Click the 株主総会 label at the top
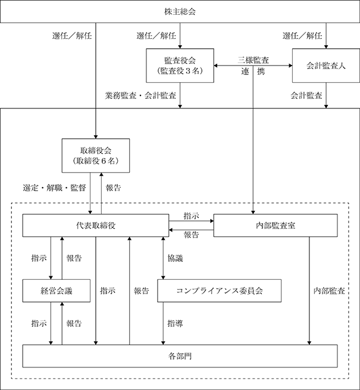(x=180, y=12)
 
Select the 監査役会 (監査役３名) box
(x=180, y=65)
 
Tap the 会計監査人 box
(x=326, y=65)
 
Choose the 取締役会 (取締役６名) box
(x=96, y=155)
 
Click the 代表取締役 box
(x=96, y=225)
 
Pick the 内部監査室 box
(x=276, y=225)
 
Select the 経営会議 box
(x=57, y=291)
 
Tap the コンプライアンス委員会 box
(x=220, y=291)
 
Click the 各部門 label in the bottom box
(x=180, y=356)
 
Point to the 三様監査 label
(x=253, y=60)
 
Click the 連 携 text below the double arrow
(x=253, y=71)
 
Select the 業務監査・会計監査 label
(x=140, y=95)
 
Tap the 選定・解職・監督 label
(x=54, y=188)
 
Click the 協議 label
(x=176, y=258)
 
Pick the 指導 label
(x=176, y=323)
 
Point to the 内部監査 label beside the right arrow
(x=329, y=291)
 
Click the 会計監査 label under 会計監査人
(x=306, y=95)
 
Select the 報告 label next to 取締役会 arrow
(x=114, y=188)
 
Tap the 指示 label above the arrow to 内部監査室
(x=191, y=216)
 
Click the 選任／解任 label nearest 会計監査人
(x=302, y=36)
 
